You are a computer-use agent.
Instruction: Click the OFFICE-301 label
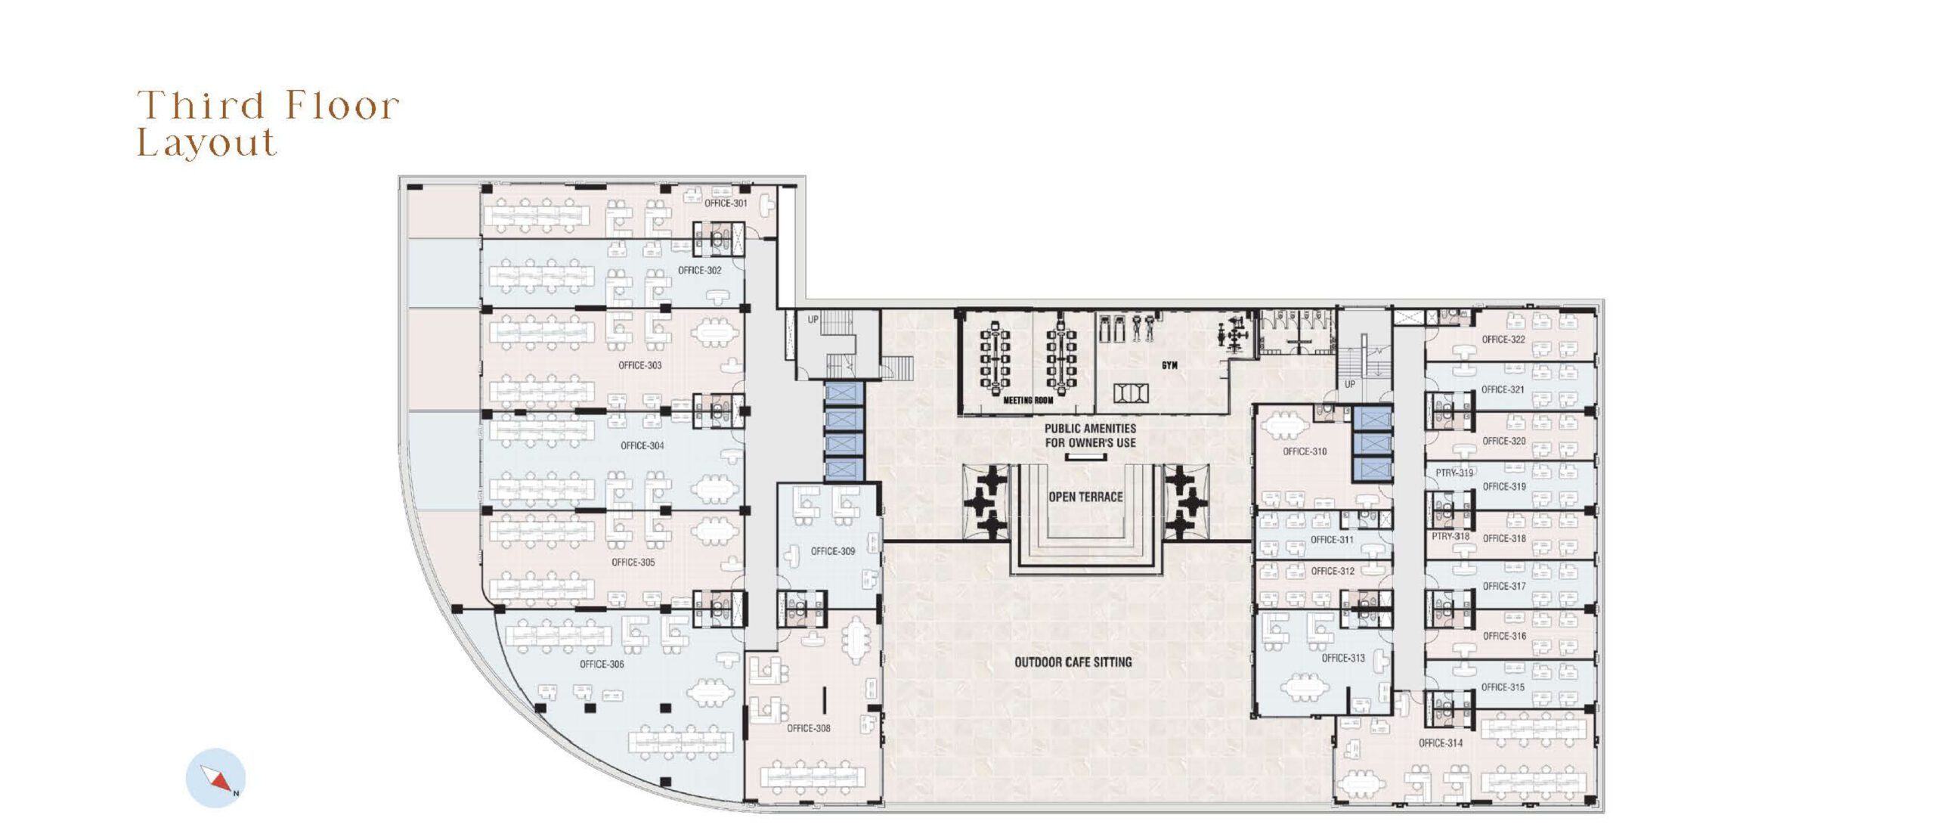(x=726, y=203)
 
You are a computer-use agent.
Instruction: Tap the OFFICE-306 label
(x=602, y=665)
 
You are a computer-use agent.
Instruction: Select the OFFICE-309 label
(x=833, y=551)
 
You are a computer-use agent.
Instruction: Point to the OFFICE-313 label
(x=1343, y=659)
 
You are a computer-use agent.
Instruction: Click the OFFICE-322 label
(x=1503, y=339)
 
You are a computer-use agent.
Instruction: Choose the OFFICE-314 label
(x=1441, y=743)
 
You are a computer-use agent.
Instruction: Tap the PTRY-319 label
(x=1454, y=473)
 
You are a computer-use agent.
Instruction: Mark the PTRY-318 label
(x=1450, y=537)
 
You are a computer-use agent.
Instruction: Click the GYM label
(x=1169, y=365)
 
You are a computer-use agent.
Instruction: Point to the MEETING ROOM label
(x=1028, y=401)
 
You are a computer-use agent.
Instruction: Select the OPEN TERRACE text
(x=1085, y=497)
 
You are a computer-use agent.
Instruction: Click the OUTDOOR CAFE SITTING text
(x=1073, y=662)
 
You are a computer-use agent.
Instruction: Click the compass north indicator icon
(x=215, y=778)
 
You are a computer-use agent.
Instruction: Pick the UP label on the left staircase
(x=813, y=320)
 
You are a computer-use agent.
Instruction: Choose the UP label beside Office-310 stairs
(x=1350, y=384)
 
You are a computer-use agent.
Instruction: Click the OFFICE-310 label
(x=1305, y=451)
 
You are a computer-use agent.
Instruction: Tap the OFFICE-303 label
(x=640, y=365)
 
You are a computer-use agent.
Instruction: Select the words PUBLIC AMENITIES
(x=1090, y=429)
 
